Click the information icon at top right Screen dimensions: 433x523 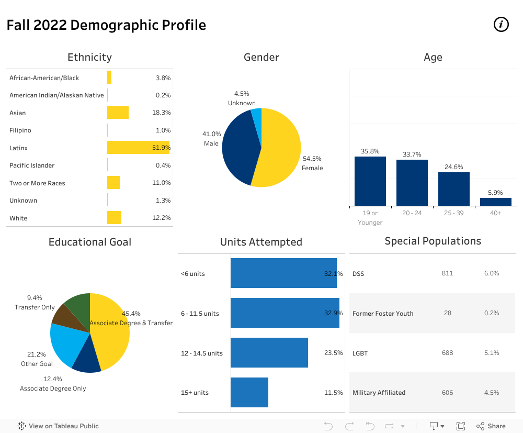point(501,24)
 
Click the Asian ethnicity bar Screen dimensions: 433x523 point(118,113)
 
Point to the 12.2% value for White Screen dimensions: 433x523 point(161,218)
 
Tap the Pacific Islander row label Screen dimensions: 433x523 point(32,165)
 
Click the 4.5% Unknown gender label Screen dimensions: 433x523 point(242,98)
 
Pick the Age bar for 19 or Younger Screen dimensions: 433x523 point(370,181)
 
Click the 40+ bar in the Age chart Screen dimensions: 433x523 point(495,202)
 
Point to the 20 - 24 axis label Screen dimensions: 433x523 point(412,213)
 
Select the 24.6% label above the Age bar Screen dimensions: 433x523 point(454,167)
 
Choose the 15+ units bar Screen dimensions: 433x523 point(249,392)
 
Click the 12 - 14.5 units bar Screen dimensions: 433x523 point(269,353)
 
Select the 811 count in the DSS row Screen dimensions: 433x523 point(447,273)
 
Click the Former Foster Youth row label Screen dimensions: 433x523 point(383,314)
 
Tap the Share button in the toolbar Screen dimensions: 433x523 point(491,426)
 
